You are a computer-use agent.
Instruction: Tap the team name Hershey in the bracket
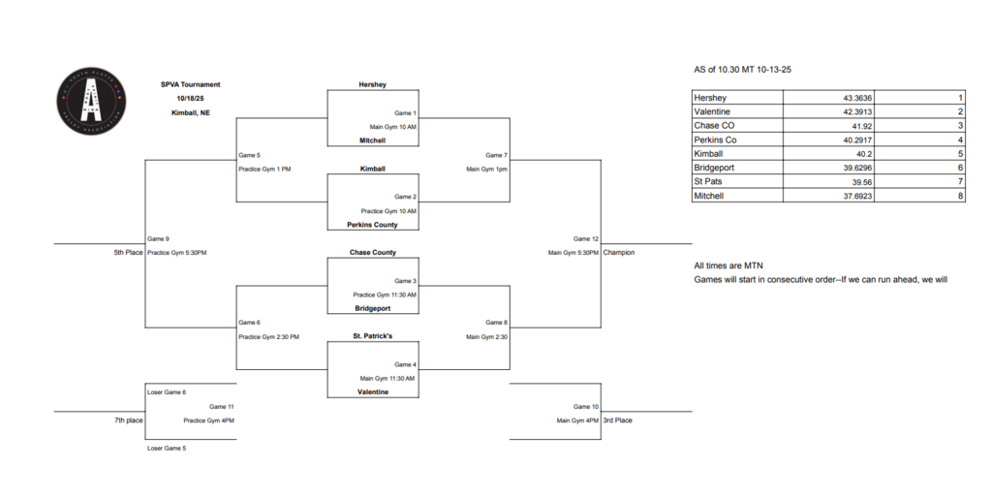pyautogui.click(x=372, y=84)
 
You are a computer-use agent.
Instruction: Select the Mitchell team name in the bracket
pyautogui.click(x=372, y=140)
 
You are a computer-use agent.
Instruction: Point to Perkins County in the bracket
pyautogui.click(x=372, y=225)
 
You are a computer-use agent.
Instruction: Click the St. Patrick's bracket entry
pyautogui.click(x=372, y=336)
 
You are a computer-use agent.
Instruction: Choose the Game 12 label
pyautogui.click(x=586, y=238)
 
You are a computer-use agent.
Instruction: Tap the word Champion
pyautogui.click(x=618, y=253)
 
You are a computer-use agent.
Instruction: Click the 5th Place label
pyautogui.click(x=128, y=253)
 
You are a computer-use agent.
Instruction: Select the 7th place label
pyautogui.click(x=128, y=421)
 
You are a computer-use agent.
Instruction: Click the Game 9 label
pyautogui.click(x=158, y=238)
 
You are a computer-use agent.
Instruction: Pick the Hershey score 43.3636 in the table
pyautogui.click(x=844, y=99)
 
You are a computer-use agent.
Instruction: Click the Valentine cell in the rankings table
pyautogui.click(x=712, y=112)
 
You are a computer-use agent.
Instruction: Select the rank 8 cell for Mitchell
pyautogui.click(x=959, y=196)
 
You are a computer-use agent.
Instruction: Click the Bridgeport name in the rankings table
pyautogui.click(x=716, y=168)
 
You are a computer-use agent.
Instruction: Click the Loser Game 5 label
pyautogui.click(x=166, y=448)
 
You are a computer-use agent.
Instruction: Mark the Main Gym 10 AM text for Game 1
pyautogui.click(x=392, y=127)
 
